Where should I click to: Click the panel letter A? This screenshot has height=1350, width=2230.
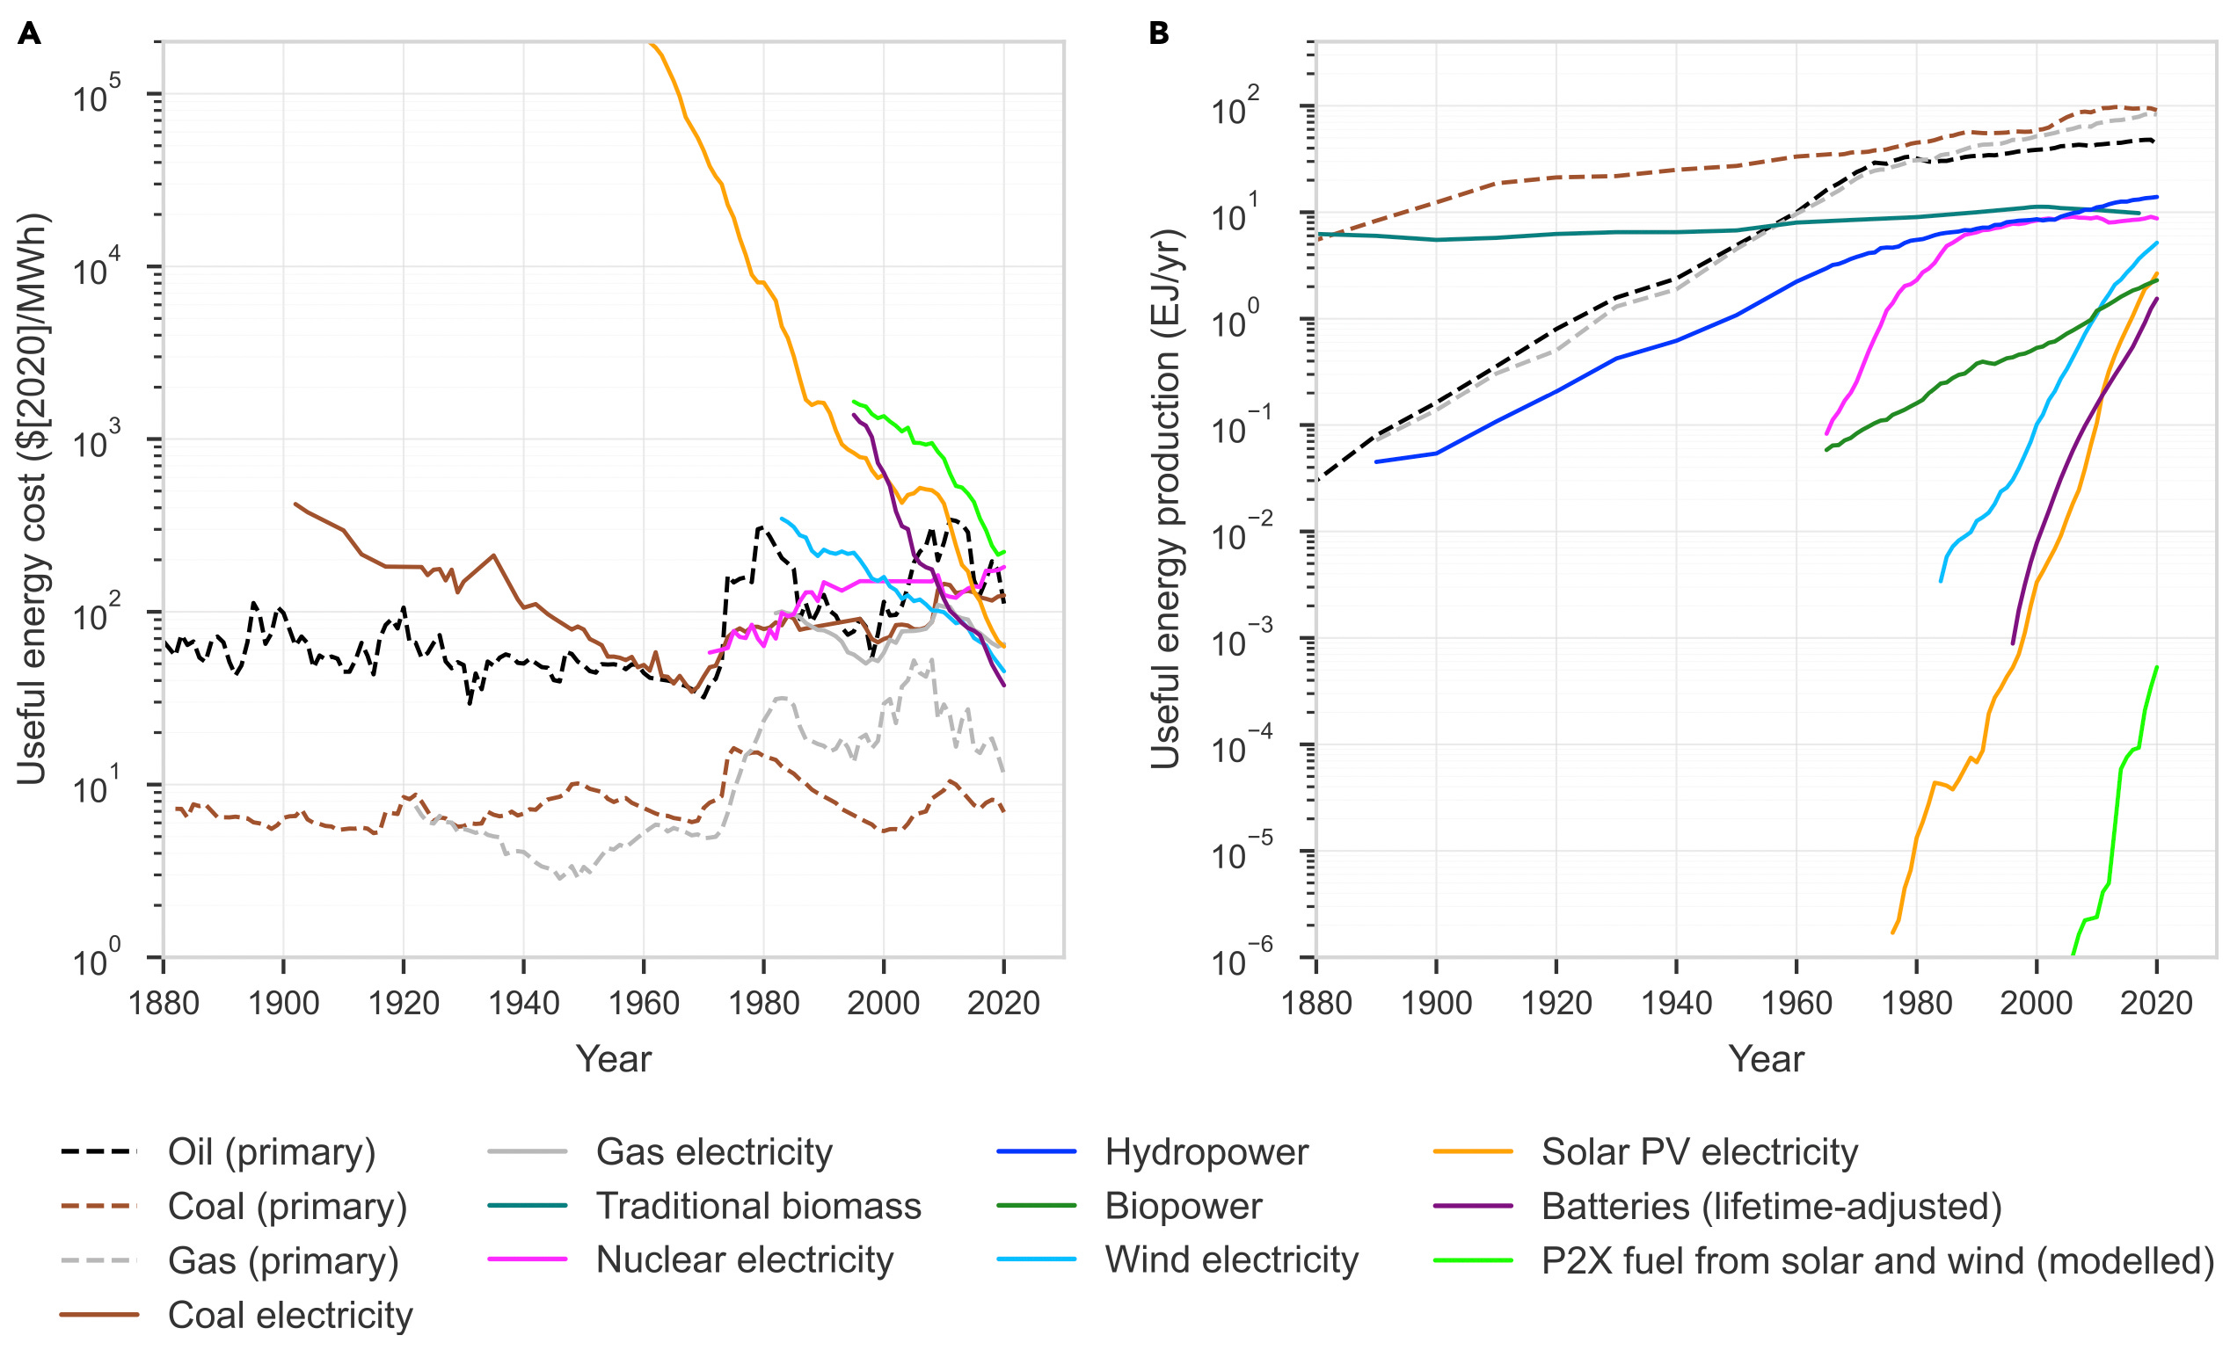point(29,34)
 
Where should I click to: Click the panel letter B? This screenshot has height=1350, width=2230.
point(1158,34)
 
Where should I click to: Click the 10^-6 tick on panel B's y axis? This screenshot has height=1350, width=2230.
point(1241,960)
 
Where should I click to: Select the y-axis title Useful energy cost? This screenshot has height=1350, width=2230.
point(33,498)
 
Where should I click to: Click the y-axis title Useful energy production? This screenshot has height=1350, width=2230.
point(1166,498)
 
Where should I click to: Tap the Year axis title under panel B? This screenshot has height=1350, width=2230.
point(1766,1059)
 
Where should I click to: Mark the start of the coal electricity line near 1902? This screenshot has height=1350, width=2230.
point(296,504)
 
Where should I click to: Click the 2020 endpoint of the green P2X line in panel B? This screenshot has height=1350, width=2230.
point(2157,667)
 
